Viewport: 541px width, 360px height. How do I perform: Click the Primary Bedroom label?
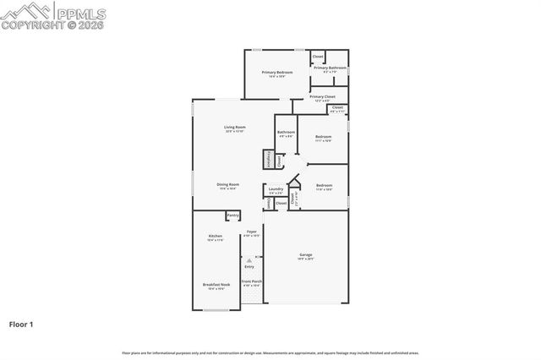coord(276,73)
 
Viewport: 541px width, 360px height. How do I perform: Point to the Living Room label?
coord(234,128)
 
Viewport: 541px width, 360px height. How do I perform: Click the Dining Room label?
coord(227,184)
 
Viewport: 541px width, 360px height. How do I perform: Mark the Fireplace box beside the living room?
coord(270,160)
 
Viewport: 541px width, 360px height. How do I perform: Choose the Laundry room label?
coord(276,189)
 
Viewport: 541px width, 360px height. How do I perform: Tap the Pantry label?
coord(232,216)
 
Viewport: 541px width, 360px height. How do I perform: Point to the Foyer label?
coord(251,232)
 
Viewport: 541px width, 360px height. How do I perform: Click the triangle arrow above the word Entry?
coord(249,259)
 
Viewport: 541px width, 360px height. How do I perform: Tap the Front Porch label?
coord(252,281)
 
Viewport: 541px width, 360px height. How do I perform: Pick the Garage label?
coord(305,254)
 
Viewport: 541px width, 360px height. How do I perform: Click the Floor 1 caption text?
coord(22,324)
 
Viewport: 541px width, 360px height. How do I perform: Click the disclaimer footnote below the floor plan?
coord(270,352)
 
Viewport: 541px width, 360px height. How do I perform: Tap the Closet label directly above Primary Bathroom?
coord(318,57)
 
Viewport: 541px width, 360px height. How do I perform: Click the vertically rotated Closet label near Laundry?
coord(269,203)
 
